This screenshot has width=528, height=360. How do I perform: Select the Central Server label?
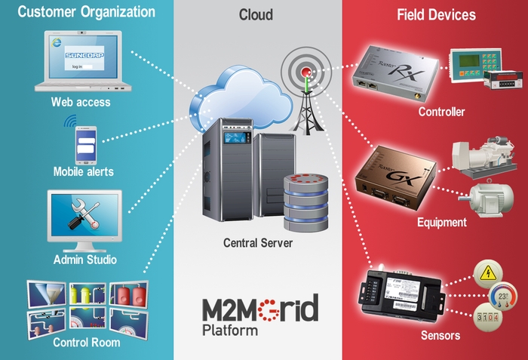click(258, 243)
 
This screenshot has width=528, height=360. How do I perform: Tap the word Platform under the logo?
click(230, 330)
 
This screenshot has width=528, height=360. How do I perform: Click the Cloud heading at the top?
click(256, 14)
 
